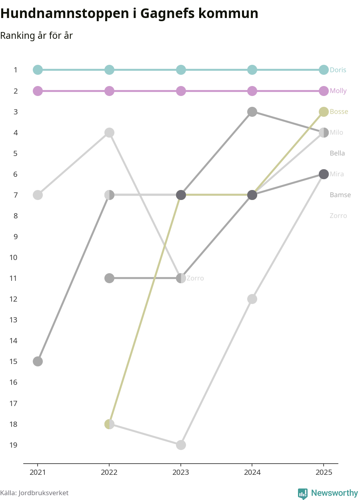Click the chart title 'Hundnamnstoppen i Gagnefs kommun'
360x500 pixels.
[x=129, y=14]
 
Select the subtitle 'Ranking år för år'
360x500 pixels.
[x=36, y=36]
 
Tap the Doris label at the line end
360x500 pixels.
[x=338, y=70]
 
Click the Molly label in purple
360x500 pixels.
[x=338, y=91]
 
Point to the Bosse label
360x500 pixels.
[x=339, y=112]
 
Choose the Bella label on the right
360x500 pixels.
[x=337, y=153]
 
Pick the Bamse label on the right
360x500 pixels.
[x=340, y=195]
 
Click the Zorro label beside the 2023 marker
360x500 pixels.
[x=195, y=278]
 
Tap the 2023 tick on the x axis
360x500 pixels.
[x=181, y=472]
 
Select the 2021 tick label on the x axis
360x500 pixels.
[x=38, y=472]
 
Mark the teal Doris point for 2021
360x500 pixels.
[x=38, y=70]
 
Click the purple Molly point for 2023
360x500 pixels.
[x=181, y=91]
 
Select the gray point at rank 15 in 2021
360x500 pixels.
[x=38, y=362]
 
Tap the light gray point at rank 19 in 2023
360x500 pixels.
[x=181, y=445]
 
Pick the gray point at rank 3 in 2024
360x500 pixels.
[x=252, y=112]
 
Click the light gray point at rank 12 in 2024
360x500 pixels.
[x=252, y=299]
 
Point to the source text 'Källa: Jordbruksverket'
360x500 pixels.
[x=34, y=493]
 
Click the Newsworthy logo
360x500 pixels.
[x=328, y=493]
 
